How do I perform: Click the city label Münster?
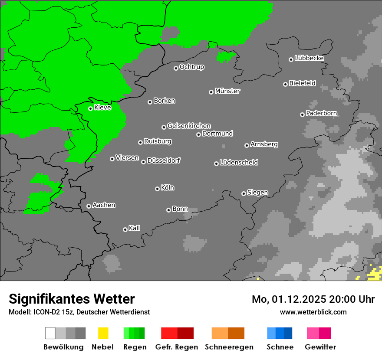tap(227, 91)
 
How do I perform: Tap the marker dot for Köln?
tap(157, 189)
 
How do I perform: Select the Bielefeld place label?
tap(302, 83)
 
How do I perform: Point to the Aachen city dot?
tap(89, 206)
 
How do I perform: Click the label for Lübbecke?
tap(309, 58)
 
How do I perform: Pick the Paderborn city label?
tap(321, 113)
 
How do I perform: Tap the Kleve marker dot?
tap(90, 108)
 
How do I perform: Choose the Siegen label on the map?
tap(257, 193)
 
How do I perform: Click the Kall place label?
tap(134, 228)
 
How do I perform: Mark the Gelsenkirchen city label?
tap(189, 126)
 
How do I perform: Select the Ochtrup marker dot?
tap(176, 68)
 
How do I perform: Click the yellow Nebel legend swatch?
tap(103, 333)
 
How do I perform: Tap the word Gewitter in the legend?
tap(320, 347)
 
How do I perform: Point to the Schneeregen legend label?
tap(229, 347)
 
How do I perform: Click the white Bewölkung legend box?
tap(50, 333)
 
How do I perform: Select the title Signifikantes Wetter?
tap(72, 299)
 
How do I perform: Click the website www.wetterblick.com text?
tap(313, 312)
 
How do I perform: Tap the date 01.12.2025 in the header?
tap(299, 299)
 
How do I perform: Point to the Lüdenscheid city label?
tap(239, 163)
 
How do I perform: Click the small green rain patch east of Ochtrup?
tap(226, 57)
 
